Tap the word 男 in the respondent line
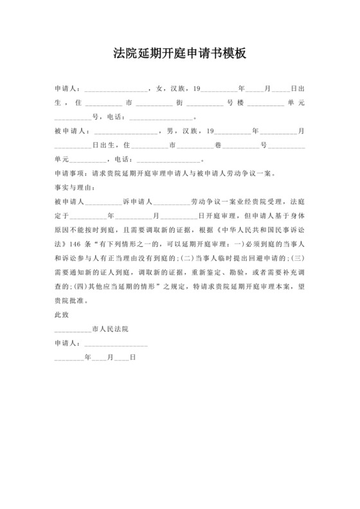pos(169,131)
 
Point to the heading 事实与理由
pos(74,187)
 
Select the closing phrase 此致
pos(63,315)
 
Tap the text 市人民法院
pos(111,329)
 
